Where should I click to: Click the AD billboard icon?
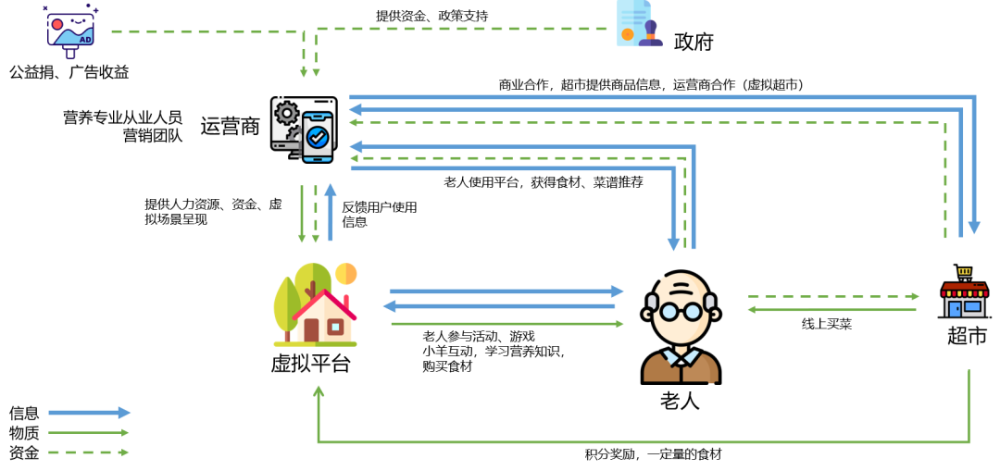tap(69, 31)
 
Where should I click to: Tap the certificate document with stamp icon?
tap(638, 23)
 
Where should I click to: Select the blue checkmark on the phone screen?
tap(318, 137)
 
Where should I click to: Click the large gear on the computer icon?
tap(286, 113)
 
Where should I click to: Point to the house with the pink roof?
tap(324, 316)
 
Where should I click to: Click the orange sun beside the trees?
tap(345, 274)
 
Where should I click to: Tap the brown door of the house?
tap(311, 329)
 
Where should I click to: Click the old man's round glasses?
tap(681, 311)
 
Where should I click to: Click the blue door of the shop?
tap(955, 308)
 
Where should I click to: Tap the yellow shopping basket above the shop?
tap(964, 272)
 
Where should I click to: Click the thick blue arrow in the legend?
tap(89, 413)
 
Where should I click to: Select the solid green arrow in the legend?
tap(89, 432)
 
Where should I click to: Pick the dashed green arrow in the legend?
tap(89, 452)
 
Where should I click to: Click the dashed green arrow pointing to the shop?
tap(833, 296)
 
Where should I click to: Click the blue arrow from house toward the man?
tap(506, 291)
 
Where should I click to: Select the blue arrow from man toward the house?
tap(500, 306)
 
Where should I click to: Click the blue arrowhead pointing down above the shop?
tap(974, 228)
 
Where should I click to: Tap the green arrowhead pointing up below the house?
tap(319, 391)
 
